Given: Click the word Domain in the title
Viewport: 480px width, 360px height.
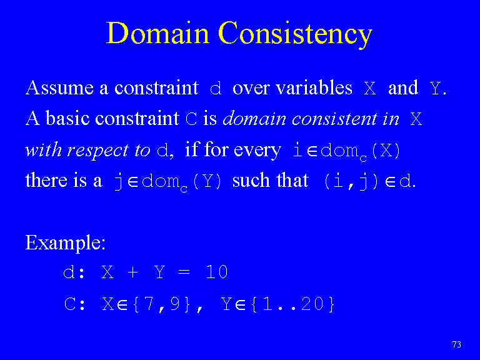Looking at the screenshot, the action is (x=157, y=32).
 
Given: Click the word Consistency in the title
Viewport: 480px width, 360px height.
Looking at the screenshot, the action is (x=296, y=34).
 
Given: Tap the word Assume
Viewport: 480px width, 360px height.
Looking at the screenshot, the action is (x=59, y=87).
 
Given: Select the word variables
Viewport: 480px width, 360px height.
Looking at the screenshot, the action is (x=314, y=87).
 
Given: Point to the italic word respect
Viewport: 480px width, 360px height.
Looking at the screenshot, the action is (x=97, y=151).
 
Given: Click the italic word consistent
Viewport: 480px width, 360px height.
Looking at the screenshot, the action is (x=334, y=119).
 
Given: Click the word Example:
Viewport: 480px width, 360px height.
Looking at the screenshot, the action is (x=65, y=242).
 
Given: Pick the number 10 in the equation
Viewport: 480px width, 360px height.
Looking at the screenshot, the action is (x=217, y=272).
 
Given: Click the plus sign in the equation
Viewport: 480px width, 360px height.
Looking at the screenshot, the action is (x=132, y=272).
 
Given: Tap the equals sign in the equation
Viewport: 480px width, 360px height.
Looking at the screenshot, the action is (x=184, y=272).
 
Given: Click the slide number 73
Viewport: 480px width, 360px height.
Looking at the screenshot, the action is (x=456, y=344).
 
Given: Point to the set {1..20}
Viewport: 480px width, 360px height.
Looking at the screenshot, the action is (x=292, y=304).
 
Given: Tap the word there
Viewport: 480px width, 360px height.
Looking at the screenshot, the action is (x=46, y=180).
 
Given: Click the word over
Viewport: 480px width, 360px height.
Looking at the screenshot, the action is (x=251, y=88).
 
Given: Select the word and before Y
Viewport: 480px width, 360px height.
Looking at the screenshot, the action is (x=403, y=87).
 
